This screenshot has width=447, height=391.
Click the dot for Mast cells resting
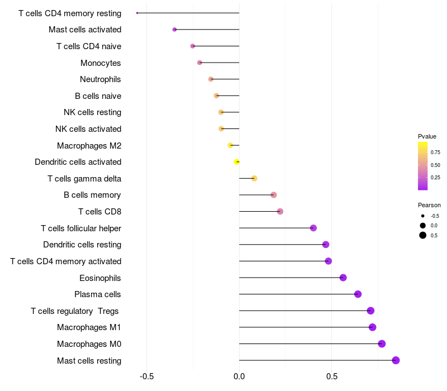coord(396,360)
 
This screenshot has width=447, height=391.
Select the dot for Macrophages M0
coord(382,344)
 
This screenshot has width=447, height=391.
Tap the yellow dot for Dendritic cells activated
coord(237,162)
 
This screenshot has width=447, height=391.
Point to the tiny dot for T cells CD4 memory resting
coord(137,13)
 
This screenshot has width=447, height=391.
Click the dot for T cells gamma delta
coord(254,178)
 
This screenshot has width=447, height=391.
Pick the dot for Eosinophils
coord(343,278)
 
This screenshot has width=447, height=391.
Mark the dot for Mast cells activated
coord(174,30)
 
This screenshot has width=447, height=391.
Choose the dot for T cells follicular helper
coord(313,228)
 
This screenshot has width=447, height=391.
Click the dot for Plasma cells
coord(358,294)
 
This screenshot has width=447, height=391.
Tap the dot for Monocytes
coord(199,63)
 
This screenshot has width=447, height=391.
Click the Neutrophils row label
coord(101,79)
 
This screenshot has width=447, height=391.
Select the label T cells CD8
coord(99,212)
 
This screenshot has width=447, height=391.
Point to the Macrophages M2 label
coord(89,146)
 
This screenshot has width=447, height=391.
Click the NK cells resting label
coord(92,112)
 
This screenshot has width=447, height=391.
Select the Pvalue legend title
coord(427,136)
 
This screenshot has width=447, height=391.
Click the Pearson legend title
coord(429,205)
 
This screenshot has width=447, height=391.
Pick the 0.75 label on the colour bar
coord(435,152)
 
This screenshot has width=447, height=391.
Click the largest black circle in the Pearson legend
coord(423,235)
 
